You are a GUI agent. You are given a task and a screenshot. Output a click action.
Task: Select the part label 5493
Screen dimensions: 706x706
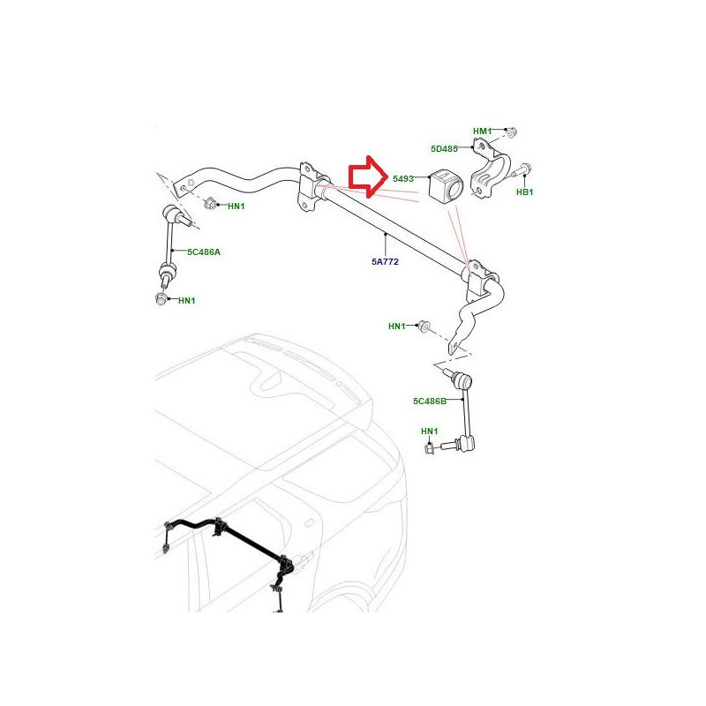click(403, 179)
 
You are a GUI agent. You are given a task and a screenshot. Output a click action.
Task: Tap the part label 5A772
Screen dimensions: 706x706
click(385, 261)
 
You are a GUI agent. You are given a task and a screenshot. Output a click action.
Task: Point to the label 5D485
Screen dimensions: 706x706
click(444, 148)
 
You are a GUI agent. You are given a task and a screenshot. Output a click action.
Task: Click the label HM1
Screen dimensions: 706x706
click(482, 131)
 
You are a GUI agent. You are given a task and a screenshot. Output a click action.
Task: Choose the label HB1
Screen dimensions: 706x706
click(524, 192)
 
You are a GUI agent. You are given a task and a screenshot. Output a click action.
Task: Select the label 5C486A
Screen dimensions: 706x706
click(204, 252)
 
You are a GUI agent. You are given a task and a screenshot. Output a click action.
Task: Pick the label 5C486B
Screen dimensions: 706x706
click(430, 401)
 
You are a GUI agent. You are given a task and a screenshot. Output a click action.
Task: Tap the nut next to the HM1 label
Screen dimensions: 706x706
click(511, 132)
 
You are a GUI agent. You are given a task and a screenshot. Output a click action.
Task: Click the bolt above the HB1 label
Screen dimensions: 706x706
click(522, 171)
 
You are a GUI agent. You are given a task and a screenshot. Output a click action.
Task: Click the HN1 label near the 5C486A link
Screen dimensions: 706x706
click(187, 300)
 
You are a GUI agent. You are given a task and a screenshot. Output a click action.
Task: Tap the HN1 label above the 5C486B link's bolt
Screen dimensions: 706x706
click(430, 432)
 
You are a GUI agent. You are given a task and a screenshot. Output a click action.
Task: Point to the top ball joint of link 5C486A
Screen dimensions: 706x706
click(171, 212)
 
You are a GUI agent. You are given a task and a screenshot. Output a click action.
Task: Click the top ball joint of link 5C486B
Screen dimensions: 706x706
click(464, 382)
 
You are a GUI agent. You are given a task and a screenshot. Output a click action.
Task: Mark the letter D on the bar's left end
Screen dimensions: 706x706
click(191, 183)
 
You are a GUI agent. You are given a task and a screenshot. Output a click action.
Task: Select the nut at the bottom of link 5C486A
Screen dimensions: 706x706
click(161, 298)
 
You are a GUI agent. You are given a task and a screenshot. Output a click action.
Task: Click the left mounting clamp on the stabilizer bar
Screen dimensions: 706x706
click(312, 186)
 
